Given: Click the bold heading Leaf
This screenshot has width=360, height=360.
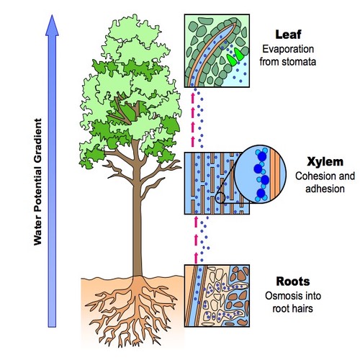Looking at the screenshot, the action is pyautogui.click(x=288, y=35).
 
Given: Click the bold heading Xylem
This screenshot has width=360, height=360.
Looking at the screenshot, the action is pyautogui.click(x=325, y=162).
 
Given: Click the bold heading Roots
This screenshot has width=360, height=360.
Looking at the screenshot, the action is pyautogui.click(x=293, y=282).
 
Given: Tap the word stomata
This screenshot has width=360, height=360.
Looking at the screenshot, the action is pyautogui.click(x=299, y=62).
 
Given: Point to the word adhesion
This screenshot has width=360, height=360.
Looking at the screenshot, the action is pyautogui.click(x=325, y=189).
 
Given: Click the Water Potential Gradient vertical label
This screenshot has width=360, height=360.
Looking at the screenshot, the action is pyautogui.click(x=37, y=181).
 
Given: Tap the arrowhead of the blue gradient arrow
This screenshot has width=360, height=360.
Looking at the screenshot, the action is pyautogui.click(x=52, y=25).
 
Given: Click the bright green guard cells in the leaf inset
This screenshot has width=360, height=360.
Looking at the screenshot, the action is pyautogui.click(x=235, y=57).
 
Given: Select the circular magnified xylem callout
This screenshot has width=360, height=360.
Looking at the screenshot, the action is pyautogui.click(x=260, y=174).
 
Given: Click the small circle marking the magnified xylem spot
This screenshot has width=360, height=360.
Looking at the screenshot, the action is pyautogui.click(x=220, y=198).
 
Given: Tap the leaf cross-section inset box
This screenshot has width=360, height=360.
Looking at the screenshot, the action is pyautogui.click(x=217, y=50).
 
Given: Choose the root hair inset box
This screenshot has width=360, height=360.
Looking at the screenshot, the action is pyautogui.click(x=217, y=296).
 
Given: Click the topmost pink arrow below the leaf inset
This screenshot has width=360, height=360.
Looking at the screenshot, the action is pyautogui.click(x=192, y=97).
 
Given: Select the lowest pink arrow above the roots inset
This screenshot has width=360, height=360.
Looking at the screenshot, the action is pyautogui.click(x=196, y=258).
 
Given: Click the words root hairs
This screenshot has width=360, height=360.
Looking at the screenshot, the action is pyautogui.click(x=293, y=308).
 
